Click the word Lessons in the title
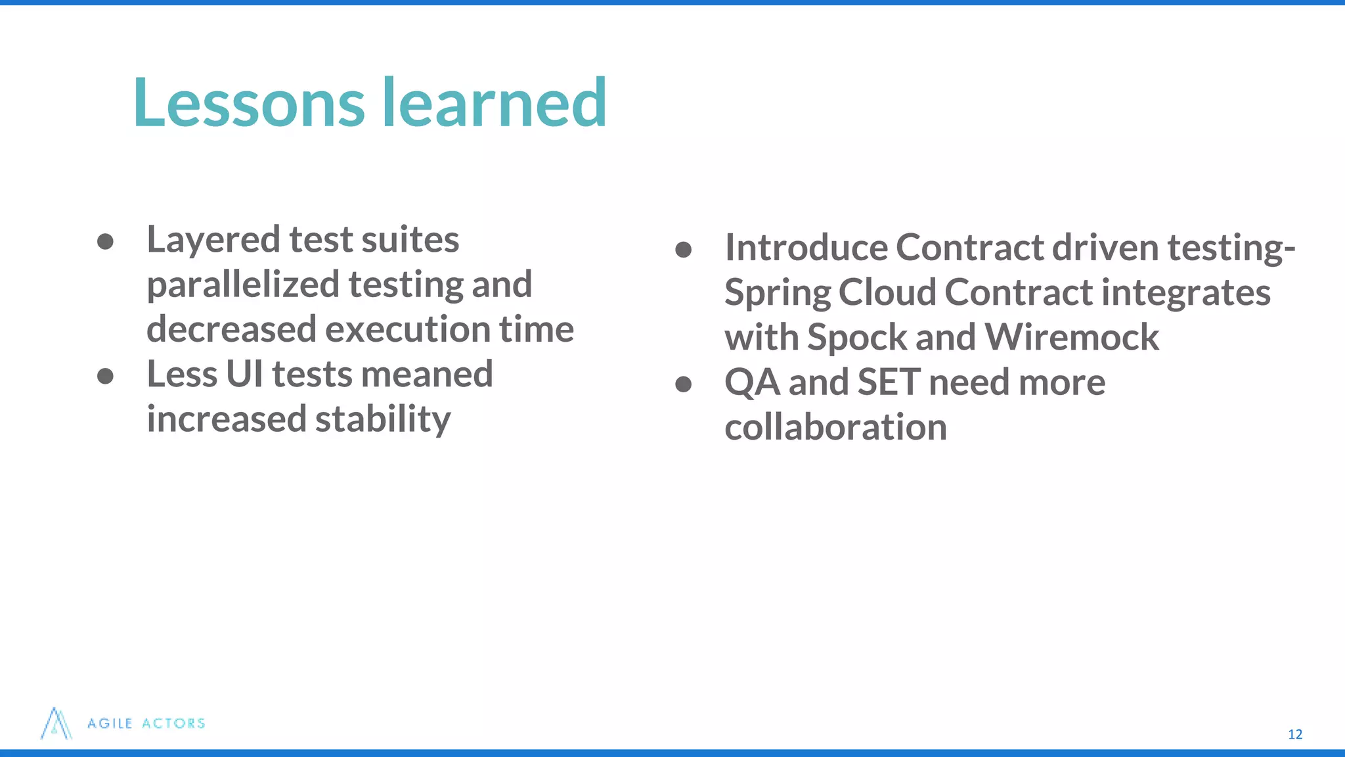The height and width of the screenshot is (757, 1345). [248, 103]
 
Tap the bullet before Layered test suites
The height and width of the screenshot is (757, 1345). [105, 241]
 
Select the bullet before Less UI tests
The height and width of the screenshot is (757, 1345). [105, 376]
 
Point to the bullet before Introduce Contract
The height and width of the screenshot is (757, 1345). [683, 249]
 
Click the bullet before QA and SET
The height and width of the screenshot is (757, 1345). [683, 384]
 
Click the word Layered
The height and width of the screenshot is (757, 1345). [213, 241]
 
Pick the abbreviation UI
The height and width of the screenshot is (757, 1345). [244, 374]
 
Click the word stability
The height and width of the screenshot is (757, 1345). [383, 419]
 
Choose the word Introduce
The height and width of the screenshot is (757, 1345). [806, 248]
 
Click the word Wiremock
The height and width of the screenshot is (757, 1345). [1071, 338]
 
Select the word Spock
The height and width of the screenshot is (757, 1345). [856, 338]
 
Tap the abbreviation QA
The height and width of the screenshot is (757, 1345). [751, 382]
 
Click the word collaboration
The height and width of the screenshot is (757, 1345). [835, 427]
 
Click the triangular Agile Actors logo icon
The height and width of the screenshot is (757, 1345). [56, 723]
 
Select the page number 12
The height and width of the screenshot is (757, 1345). [1294, 734]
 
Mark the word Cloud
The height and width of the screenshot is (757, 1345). [887, 292]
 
